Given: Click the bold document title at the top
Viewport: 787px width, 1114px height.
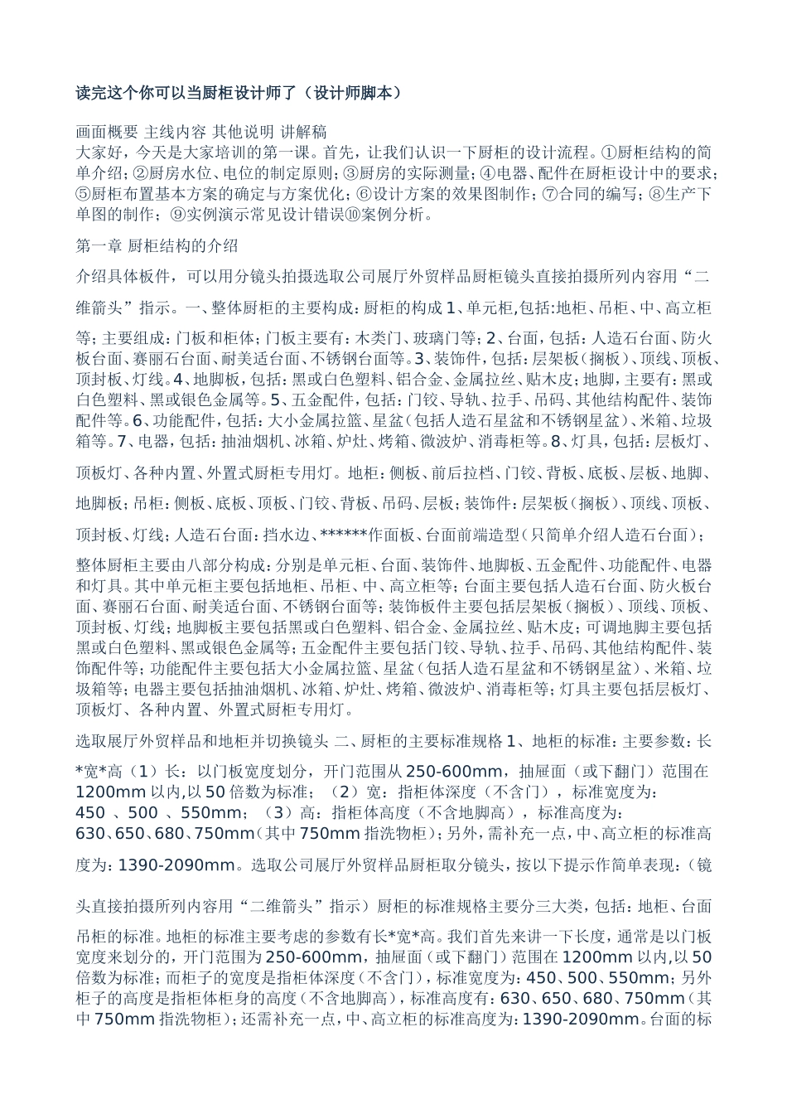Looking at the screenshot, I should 238,93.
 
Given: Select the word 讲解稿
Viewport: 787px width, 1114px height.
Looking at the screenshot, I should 304,131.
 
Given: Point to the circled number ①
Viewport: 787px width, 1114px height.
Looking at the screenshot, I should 608,153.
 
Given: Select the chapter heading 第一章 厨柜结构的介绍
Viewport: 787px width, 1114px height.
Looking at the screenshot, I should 157,245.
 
